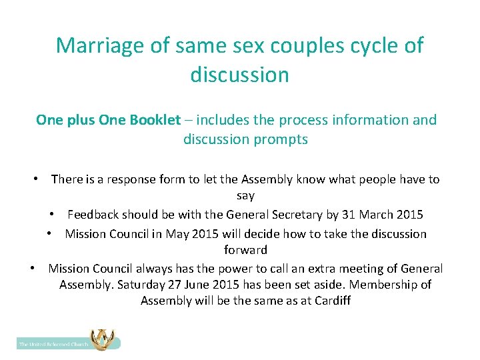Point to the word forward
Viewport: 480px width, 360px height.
tap(245, 250)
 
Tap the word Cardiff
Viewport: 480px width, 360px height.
tap(329, 301)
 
